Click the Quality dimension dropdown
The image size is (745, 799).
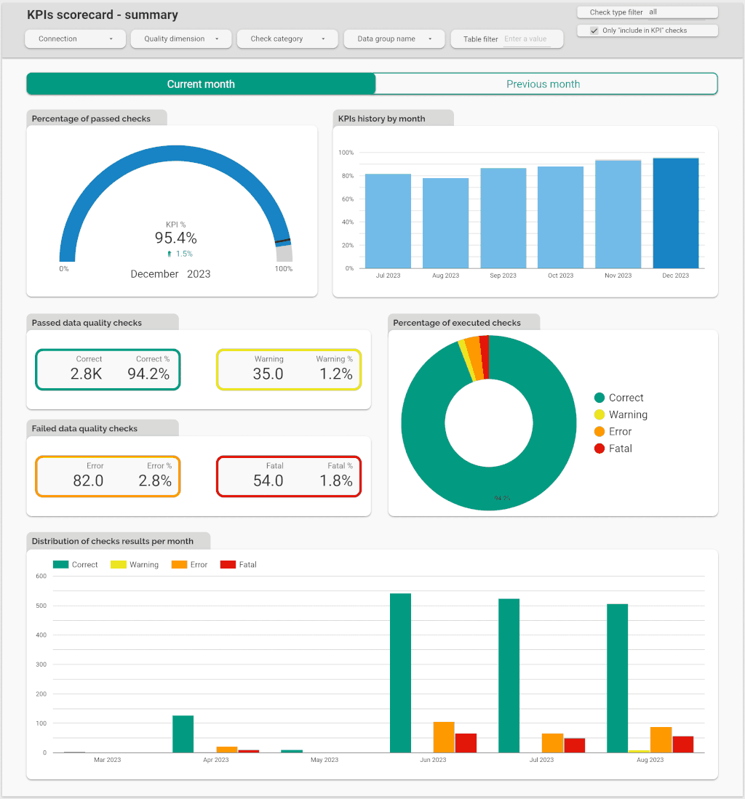pos(181,39)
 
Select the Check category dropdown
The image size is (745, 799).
pos(287,39)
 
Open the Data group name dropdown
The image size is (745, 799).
pos(394,39)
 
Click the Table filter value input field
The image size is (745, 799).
pos(526,39)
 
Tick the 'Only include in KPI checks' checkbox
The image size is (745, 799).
pos(594,31)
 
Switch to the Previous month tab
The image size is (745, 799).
pos(543,84)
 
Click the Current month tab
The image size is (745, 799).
pos(201,84)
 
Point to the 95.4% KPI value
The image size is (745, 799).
pos(175,238)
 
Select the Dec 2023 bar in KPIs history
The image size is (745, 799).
pos(676,213)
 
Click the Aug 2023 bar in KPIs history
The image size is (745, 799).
pos(445,222)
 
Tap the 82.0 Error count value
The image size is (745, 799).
pos(88,481)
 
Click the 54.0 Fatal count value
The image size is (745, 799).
pos(268,481)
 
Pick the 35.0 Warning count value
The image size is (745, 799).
pos(268,374)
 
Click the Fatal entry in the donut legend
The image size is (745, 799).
pos(620,449)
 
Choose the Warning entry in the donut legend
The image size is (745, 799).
pos(627,414)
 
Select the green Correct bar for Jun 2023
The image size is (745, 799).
pos(400,672)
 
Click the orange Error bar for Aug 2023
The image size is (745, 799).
pos(661,739)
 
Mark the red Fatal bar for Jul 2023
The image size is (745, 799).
pos(574,745)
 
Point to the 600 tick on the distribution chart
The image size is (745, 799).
pos(41,577)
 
